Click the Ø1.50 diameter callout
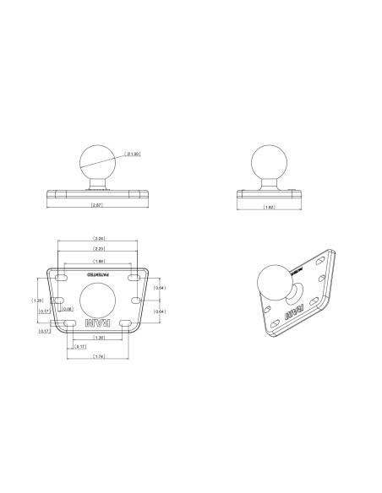tap(132, 154)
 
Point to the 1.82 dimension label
tap(269, 206)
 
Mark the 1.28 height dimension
tap(36, 300)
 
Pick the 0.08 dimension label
tap(67, 309)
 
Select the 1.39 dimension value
tap(99, 338)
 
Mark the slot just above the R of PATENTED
tap(64, 275)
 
